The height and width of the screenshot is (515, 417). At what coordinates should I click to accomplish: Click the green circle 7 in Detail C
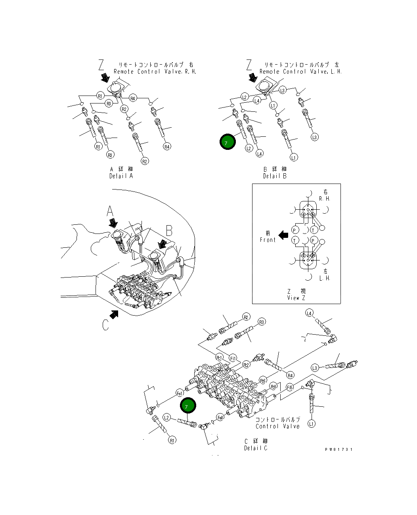tap(188, 406)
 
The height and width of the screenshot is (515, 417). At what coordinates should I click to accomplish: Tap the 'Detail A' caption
tap(121, 176)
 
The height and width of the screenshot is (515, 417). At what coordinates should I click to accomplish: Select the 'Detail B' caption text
tap(275, 176)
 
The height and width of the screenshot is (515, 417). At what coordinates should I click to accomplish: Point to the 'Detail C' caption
tap(256, 448)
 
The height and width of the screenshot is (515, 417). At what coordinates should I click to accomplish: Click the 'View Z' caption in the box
tap(296, 298)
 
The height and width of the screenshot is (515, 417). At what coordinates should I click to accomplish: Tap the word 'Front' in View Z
tap(268, 240)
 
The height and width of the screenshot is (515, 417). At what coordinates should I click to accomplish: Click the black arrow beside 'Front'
tap(283, 235)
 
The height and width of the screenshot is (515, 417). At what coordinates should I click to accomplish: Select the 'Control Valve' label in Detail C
tap(277, 426)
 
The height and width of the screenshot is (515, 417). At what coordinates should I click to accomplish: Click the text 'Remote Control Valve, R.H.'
tap(155, 72)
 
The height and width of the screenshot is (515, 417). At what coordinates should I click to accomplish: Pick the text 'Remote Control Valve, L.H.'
tap(300, 72)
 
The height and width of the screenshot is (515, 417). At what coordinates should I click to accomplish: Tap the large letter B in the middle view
tap(169, 231)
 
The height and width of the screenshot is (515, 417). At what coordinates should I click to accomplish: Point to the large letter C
tap(105, 325)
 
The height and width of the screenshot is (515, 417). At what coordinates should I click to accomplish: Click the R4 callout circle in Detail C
tap(290, 375)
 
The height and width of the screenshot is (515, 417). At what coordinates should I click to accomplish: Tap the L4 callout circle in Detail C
tap(309, 314)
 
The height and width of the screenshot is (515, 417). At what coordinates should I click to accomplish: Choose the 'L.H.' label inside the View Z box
tap(325, 278)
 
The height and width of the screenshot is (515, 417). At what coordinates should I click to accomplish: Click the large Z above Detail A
tap(101, 65)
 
